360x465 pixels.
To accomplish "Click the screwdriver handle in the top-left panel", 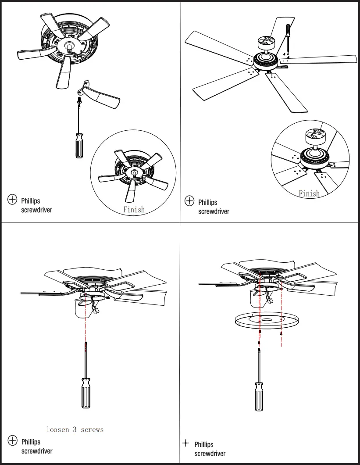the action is tap(79, 146).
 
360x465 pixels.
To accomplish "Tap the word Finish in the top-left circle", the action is tap(134, 210).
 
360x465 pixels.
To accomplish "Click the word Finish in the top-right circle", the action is tap(309, 193).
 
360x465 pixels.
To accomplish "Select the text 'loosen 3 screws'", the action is tap(75, 429).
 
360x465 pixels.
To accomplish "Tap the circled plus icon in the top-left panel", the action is tap(12, 200).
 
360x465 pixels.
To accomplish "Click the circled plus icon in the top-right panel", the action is tap(189, 201).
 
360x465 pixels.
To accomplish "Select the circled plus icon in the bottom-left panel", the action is tap(12, 440).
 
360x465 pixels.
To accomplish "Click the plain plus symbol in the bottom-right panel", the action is tap(186, 443).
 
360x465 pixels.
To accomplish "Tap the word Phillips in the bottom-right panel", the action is tap(204, 444).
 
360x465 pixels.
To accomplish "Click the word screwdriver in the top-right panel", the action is tap(213, 211).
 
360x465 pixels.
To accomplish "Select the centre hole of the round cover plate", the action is tap(266, 320).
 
